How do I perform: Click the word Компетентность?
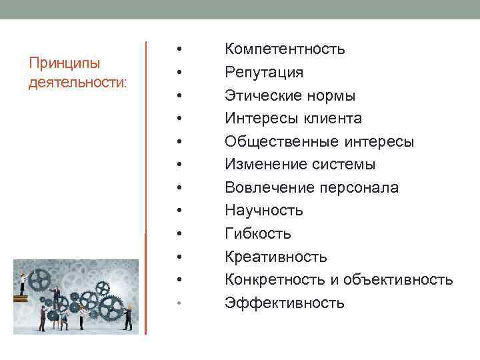tap(285, 49)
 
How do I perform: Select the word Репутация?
tap(264, 72)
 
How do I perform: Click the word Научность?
tap(264, 211)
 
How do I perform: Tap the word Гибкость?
tap(258, 234)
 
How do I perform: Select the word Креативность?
tap(276, 257)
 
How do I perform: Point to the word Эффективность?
tap(285, 303)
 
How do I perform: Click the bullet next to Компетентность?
tap(179, 49)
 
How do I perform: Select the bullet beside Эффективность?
tap(179, 303)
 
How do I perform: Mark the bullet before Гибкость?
tap(179, 234)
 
